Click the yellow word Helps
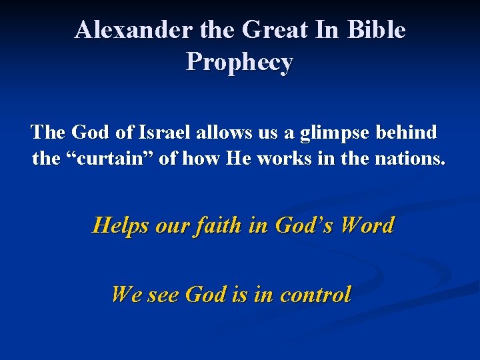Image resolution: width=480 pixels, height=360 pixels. (121, 225)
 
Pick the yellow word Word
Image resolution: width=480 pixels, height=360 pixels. (367, 225)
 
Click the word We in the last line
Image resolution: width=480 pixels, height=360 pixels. (125, 294)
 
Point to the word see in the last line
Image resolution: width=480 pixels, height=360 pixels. (163, 294)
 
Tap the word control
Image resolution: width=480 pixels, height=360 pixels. (315, 294)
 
